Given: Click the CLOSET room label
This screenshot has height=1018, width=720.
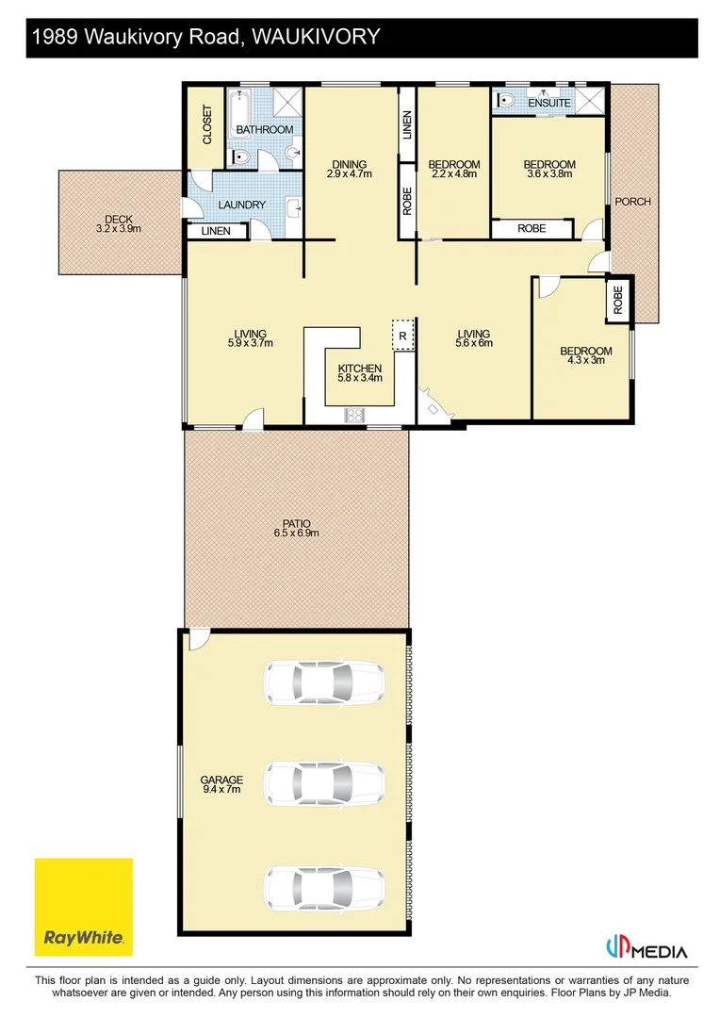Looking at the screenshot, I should pos(207,123).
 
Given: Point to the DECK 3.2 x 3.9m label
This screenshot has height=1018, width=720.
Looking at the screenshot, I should pos(119,223).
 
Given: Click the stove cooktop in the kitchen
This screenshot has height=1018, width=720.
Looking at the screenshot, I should pos(356,414).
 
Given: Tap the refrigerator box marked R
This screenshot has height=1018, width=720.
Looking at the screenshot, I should pos(402,335).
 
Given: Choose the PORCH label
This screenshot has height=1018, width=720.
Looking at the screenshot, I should pos(632,201).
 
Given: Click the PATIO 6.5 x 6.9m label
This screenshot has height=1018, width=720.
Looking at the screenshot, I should pos(296,528).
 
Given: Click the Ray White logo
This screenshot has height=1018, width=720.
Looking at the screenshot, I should pos(83,907).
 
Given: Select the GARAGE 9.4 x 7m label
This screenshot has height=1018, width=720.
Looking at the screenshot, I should pos(221,784).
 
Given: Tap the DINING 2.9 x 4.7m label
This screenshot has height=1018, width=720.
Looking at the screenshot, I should pos(350,169).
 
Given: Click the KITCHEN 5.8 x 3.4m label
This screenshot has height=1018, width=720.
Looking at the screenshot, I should pos(359,373).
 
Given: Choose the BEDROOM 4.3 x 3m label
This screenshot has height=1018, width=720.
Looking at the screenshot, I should pos(585,355).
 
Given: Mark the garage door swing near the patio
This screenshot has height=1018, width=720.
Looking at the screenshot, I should pos(197,640).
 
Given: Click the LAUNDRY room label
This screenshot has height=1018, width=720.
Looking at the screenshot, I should pos(241,205).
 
